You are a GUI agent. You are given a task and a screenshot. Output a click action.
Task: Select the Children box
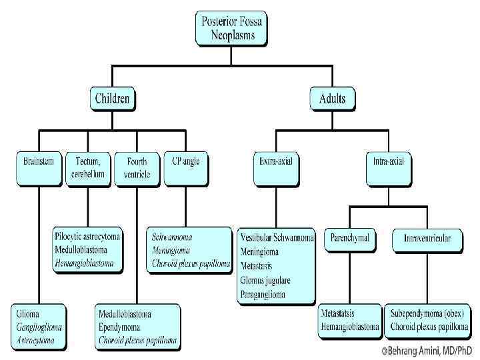[113, 99]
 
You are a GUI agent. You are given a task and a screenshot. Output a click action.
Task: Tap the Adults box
[332, 99]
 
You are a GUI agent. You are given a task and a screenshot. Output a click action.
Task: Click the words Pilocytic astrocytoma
[87, 237]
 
